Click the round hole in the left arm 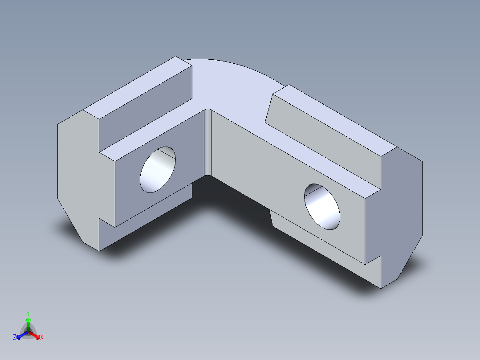pyautogui.click(x=158, y=170)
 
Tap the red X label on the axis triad pyautogui.click(x=42, y=338)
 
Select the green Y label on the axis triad pyautogui.click(x=28, y=313)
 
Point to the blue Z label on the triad pyautogui.click(x=15, y=338)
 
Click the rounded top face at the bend pyautogui.click(x=232, y=89)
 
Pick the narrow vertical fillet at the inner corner pyautogui.click(x=207, y=143)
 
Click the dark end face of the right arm pyautogui.click(x=401, y=214)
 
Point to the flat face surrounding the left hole pyautogui.click(x=134, y=192)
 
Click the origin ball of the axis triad pyautogui.click(x=28, y=332)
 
